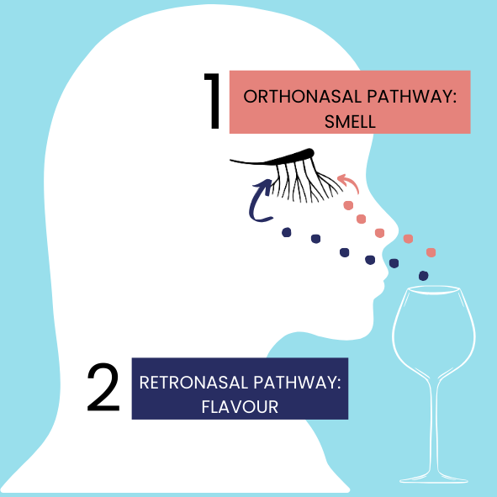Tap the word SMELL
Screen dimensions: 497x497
[x=350, y=122]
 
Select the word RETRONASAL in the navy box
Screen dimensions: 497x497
[x=193, y=383]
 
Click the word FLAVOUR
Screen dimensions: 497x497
[x=240, y=407]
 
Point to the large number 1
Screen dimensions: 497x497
[x=214, y=101]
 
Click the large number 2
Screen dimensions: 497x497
[x=103, y=387]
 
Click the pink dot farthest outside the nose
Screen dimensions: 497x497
[x=431, y=252]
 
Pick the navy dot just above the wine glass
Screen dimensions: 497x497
[x=424, y=276]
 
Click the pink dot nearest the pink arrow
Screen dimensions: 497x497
[x=348, y=205]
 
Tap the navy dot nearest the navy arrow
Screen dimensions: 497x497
[x=287, y=232]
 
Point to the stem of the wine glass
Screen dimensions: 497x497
[x=434, y=425]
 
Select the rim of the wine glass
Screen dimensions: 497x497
[x=433, y=289]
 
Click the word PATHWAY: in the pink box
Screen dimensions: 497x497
[x=412, y=97]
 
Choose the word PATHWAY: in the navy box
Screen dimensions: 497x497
[x=297, y=383]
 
